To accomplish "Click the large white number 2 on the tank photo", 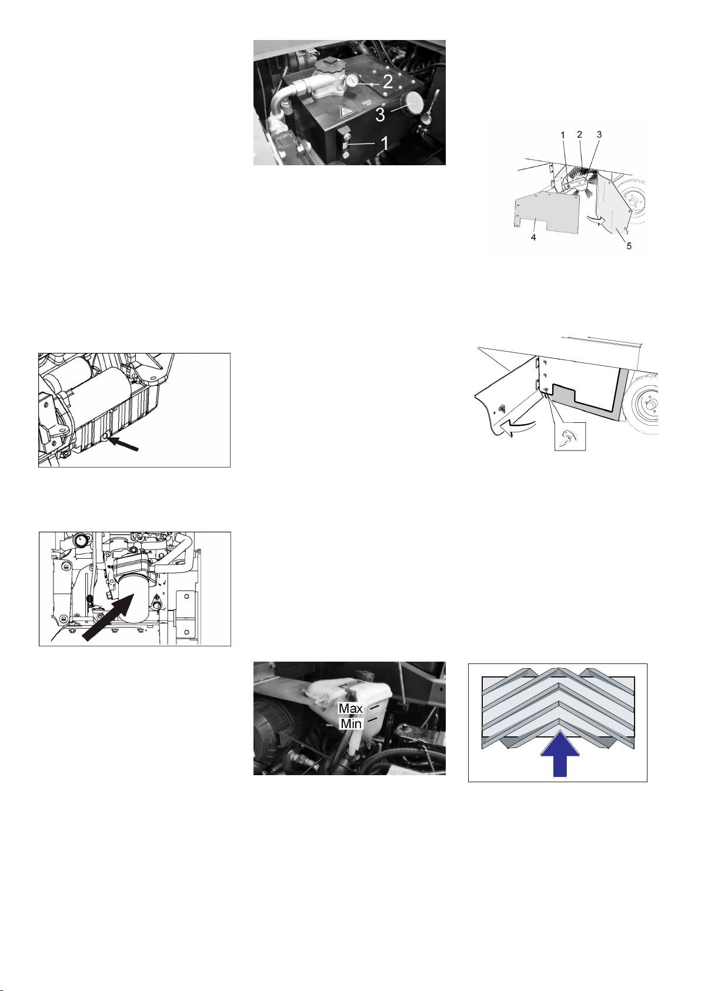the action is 388,81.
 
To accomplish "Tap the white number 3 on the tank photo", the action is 380,115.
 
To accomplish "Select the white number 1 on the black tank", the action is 385,144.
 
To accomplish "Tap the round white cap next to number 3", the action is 413,104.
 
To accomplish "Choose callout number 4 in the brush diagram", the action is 533,238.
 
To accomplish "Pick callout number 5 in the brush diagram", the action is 629,246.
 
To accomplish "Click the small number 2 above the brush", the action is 579,135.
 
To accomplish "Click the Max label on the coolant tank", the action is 350,708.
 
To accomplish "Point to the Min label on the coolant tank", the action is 350,723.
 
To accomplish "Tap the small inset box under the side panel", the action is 570,436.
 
